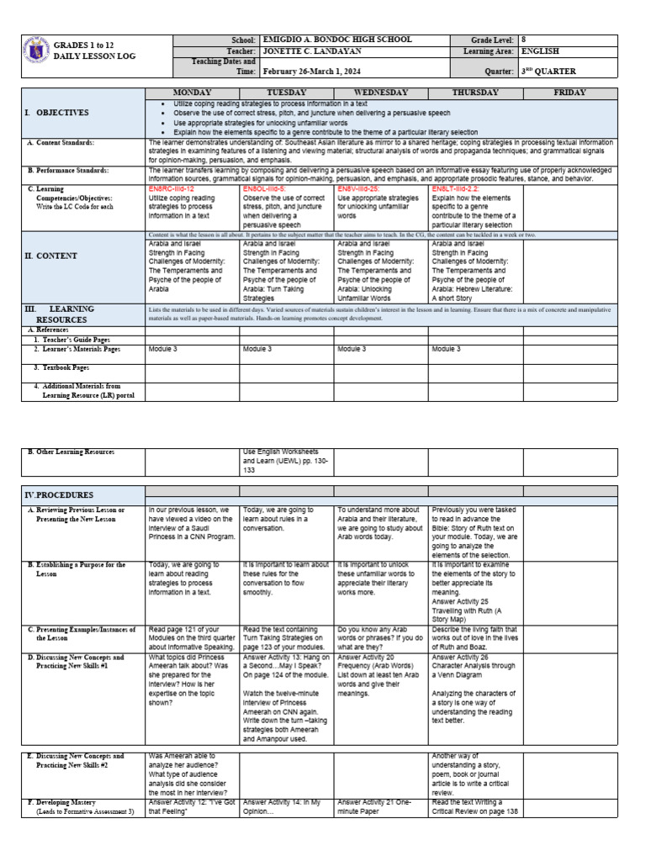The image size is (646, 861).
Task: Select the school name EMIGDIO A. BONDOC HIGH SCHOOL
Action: pyautogui.click(x=337, y=40)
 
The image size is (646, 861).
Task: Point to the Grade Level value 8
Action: pyautogui.click(x=524, y=40)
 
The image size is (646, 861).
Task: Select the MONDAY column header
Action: pyautogui.click(x=192, y=92)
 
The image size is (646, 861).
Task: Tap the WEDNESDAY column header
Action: pyautogui.click(x=381, y=92)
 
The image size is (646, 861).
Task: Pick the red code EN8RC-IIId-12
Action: pyautogui.click(x=171, y=190)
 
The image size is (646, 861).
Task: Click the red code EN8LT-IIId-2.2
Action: pyautogui.click(x=458, y=190)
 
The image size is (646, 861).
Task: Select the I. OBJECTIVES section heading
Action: pyautogui.click(x=56, y=112)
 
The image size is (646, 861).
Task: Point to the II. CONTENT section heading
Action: pyautogui.click(x=50, y=256)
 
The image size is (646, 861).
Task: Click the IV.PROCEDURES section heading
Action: pyautogui.click(x=59, y=495)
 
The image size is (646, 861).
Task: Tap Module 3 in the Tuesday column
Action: pyautogui.click(x=257, y=348)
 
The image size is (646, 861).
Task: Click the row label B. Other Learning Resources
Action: pyautogui.click(x=71, y=452)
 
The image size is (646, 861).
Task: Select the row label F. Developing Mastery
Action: pyautogui.click(x=73, y=802)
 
